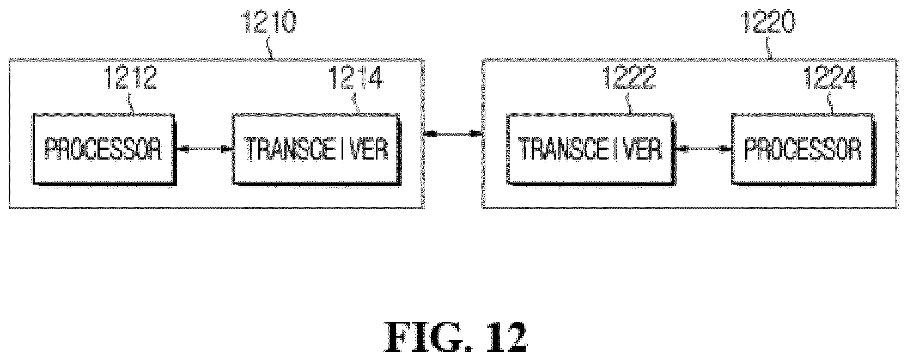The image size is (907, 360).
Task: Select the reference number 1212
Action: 130,78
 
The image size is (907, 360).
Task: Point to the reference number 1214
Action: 356,78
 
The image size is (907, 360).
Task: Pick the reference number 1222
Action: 629,78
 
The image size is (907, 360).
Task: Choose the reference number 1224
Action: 830,78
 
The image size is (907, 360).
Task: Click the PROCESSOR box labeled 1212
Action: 105,150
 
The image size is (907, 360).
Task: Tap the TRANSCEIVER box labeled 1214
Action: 316,150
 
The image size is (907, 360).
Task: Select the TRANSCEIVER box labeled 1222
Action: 591,150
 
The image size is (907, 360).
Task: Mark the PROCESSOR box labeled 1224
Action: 803,150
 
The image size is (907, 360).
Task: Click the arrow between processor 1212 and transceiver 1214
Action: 204,150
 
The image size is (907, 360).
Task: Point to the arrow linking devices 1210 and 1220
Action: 453,133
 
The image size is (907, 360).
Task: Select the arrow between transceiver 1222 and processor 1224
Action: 703,150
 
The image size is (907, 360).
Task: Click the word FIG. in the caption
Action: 428,337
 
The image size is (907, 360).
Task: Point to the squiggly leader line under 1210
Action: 270,48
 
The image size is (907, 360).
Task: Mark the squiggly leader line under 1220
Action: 768,48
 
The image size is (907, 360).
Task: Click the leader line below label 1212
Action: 131,103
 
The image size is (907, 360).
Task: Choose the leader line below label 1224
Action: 830,103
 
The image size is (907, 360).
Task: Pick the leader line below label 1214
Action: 357,103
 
